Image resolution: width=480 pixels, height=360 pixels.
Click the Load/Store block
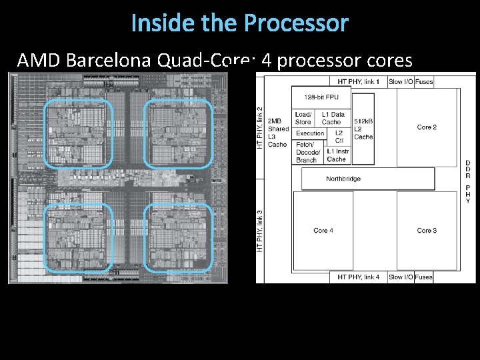coord(303,118)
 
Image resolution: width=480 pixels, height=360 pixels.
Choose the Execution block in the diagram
coord(310,133)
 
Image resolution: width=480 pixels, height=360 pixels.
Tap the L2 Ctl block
coord(339,137)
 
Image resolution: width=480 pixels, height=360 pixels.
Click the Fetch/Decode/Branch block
coord(307,152)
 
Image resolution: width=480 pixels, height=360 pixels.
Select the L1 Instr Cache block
coord(337,155)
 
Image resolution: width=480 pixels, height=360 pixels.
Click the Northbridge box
coord(343,179)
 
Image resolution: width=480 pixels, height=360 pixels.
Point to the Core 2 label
coord(427,127)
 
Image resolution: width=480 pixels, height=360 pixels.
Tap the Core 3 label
coord(427,231)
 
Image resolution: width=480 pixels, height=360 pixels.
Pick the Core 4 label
coord(323,231)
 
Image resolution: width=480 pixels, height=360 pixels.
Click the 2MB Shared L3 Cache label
coord(277,133)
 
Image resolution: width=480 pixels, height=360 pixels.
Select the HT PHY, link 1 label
coord(359,81)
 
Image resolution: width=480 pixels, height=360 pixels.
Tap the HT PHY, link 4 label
coord(359,277)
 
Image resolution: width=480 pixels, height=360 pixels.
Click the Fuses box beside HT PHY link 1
coord(424,81)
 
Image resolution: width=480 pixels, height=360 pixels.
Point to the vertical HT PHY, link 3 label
coord(260,231)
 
